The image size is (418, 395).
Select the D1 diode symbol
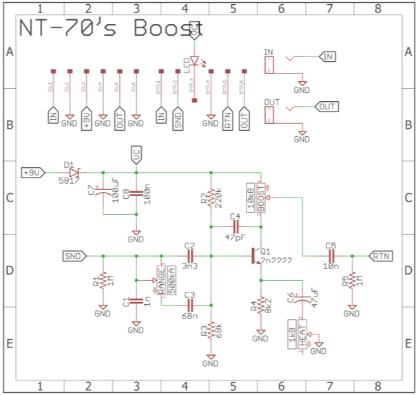pos(74,172)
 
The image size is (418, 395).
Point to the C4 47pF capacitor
pos(235,226)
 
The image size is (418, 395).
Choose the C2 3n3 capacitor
pos(190,256)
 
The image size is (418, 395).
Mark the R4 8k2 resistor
pos(260,305)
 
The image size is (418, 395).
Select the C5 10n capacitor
pos(331,256)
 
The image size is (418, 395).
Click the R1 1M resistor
pos(103,281)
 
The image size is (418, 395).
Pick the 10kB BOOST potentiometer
pos(261,199)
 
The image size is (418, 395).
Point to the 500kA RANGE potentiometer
pos(162,280)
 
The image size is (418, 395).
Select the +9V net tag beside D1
pos(34,172)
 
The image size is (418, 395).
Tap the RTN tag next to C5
pos(381,256)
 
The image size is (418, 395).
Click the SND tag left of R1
pos(73,256)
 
